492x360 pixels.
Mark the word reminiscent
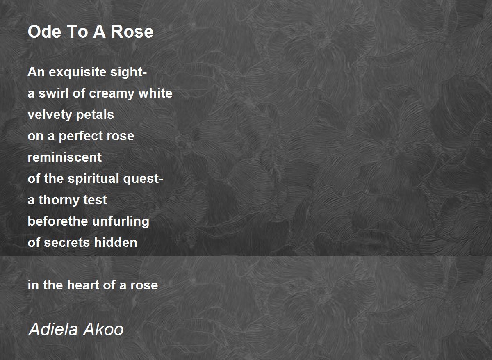click(65, 157)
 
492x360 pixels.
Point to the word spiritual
click(91, 179)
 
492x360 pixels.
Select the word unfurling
click(121, 221)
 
